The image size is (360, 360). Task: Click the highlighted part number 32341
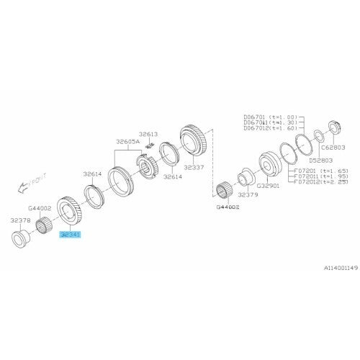[x=71, y=234]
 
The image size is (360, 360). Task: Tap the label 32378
[x=20, y=221]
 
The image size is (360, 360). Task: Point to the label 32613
[x=148, y=134]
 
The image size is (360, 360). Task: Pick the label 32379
[x=248, y=195]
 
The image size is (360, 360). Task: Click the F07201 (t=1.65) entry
[x=315, y=169]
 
